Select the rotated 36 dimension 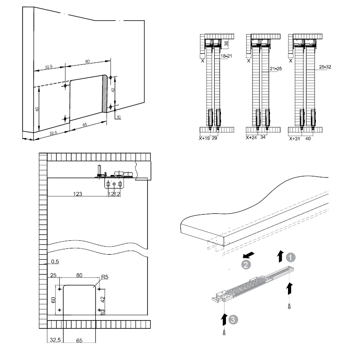[x=226, y=44]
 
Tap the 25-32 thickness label [x=325, y=67]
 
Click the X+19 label [x=205, y=139]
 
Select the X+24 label [x=252, y=139]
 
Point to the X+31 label [x=295, y=139]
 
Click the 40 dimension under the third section [x=308, y=139]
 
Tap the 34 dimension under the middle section [x=264, y=139]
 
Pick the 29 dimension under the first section [x=215, y=139]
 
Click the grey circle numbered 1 [x=291, y=257]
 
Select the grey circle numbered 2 [x=246, y=265]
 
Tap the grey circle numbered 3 [x=232, y=319]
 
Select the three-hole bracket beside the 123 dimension [x=114, y=184]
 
